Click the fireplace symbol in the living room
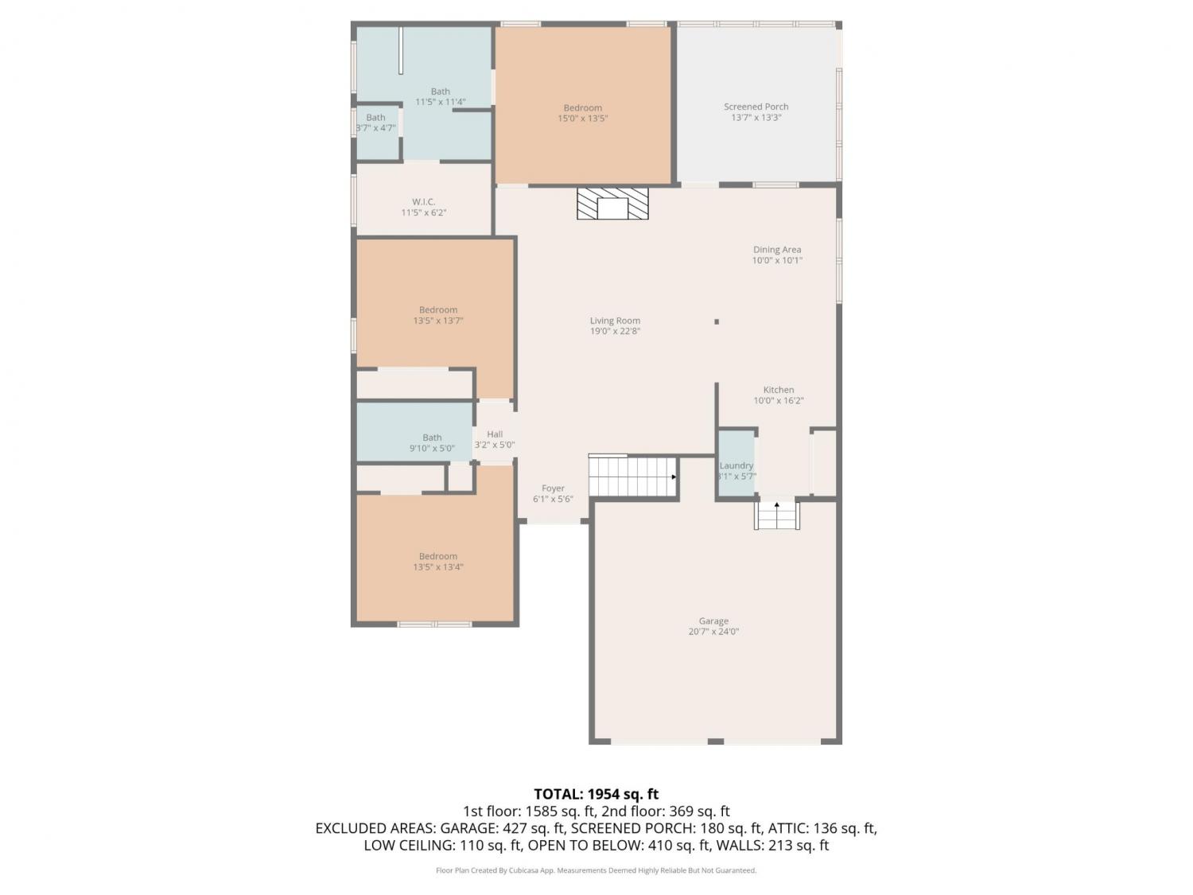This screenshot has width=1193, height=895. (612, 203)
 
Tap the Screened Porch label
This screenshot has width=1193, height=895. (756, 107)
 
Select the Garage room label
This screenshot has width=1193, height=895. (713, 621)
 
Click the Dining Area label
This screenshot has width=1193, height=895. (777, 250)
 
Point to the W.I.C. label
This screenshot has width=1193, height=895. (423, 201)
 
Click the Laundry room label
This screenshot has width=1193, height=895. (736, 465)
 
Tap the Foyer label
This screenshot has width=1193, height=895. (553, 488)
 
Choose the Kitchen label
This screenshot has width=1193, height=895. (779, 390)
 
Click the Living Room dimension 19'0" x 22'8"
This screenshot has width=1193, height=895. (615, 331)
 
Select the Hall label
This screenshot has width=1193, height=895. (495, 434)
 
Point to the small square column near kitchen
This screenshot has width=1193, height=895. (717, 321)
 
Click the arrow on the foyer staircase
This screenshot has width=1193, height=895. (674, 477)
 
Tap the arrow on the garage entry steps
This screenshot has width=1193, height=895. (777, 505)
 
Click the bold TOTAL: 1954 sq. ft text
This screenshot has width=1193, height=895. (596, 795)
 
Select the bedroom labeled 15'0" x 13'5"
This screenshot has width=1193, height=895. (583, 108)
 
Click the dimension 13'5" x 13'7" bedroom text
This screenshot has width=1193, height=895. (437, 321)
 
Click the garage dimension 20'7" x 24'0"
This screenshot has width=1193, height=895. (713, 632)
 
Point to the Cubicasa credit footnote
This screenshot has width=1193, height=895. (596, 870)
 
